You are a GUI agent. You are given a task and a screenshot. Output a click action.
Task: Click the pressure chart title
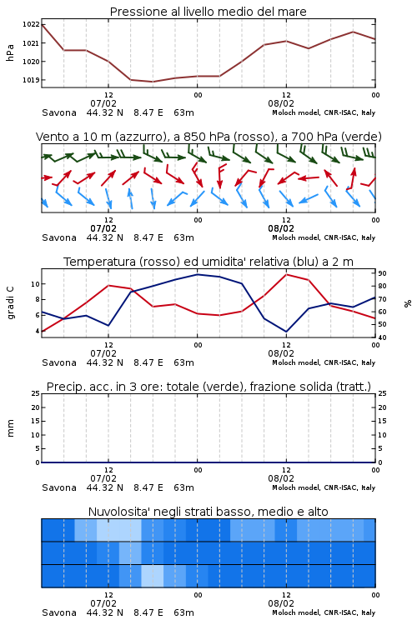point(208,12)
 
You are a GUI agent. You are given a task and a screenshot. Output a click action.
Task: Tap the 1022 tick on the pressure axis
point(31,25)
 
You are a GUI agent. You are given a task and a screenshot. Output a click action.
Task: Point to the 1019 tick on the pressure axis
point(31,80)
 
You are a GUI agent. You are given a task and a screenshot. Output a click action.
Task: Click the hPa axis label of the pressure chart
point(10,52)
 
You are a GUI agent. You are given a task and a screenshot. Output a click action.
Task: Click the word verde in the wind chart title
point(361,137)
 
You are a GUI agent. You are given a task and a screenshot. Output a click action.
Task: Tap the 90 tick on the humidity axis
point(382,273)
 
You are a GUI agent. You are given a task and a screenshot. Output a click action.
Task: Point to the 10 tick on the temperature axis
point(35,284)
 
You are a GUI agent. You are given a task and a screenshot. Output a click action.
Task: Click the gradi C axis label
point(11,302)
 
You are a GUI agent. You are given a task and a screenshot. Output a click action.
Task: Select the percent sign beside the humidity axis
point(408,303)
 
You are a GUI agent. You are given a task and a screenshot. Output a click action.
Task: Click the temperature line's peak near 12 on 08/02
point(286,274)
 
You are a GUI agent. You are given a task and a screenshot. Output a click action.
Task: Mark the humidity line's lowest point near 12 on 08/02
point(286,332)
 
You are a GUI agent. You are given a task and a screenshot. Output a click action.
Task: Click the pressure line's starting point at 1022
point(43,25)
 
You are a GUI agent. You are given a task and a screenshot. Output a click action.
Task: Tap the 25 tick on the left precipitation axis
point(35,393)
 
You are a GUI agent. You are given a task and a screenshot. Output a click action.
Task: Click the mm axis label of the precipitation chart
point(11,428)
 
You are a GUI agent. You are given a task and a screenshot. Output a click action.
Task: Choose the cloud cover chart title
point(208,512)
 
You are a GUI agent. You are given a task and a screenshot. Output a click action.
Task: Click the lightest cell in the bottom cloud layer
point(153,576)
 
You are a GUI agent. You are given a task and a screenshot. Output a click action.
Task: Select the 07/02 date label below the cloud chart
point(103,603)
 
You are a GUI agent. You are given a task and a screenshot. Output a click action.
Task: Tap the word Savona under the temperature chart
point(59,362)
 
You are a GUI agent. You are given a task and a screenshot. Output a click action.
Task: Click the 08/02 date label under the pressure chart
point(281,103)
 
